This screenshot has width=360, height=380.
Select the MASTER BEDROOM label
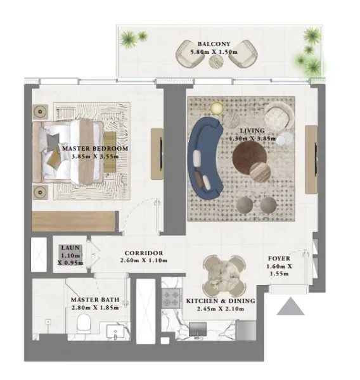(x=95, y=149)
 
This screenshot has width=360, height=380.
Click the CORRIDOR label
(x=143, y=253)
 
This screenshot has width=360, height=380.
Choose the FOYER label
(x=280, y=258)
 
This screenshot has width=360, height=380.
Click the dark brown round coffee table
(x=248, y=156)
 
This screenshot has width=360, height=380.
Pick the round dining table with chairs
(x=223, y=271)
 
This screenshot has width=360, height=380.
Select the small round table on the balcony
(x=217, y=61)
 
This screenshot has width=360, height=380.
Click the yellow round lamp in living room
(x=217, y=108)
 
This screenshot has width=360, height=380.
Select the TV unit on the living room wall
(x=311, y=159)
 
